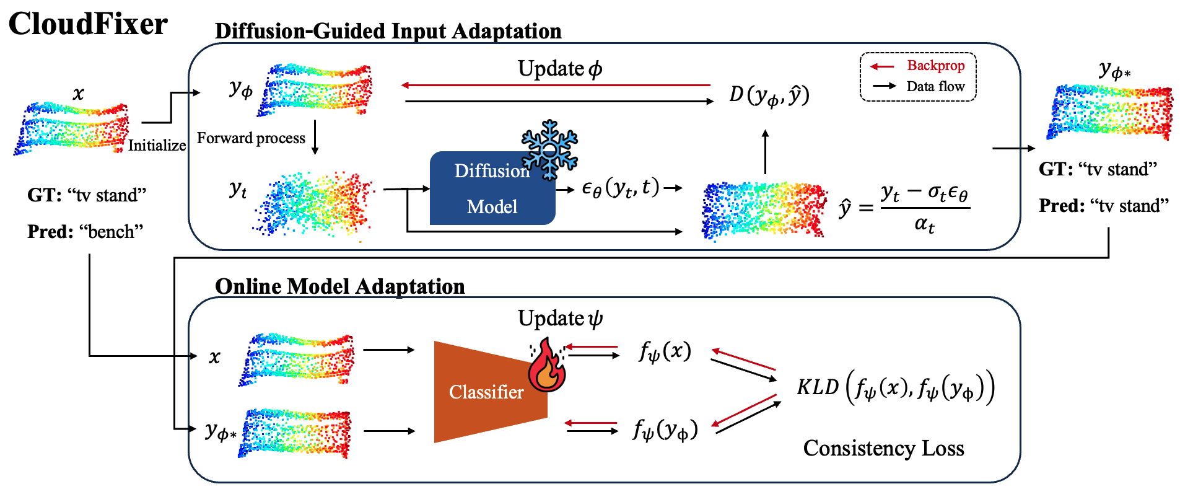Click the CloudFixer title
click(x=88, y=24)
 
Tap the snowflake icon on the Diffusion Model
click(x=549, y=149)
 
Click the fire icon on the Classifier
click(x=546, y=366)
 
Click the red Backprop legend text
click(x=935, y=66)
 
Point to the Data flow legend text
click(x=935, y=86)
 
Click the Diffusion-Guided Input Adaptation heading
click(x=388, y=31)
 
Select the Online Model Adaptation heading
click(x=339, y=286)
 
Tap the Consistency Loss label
click(x=883, y=447)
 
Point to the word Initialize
click(x=157, y=145)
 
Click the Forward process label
click(x=251, y=138)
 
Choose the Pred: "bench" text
click(x=85, y=232)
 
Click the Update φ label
click(x=560, y=68)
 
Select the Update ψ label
click(x=560, y=319)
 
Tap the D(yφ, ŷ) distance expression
click(x=769, y=95)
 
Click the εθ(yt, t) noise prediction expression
click(x=621, y=188)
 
